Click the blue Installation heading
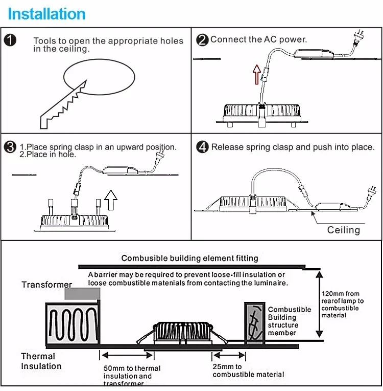(46, 14)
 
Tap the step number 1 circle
(10, 40)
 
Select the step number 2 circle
(202, 40)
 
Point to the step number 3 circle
(10, 147)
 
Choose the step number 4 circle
(202, 147)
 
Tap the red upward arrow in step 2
(257, 74)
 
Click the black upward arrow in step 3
(111, 200)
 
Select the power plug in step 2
(359, 37)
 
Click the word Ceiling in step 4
(344, 230)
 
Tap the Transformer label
(47, 285)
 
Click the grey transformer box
(82, 293)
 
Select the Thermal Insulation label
(41, 361)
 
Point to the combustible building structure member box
(254, 322)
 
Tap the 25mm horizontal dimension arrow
(229, 355)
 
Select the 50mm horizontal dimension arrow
(127, 355)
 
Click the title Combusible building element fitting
(189, 258)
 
